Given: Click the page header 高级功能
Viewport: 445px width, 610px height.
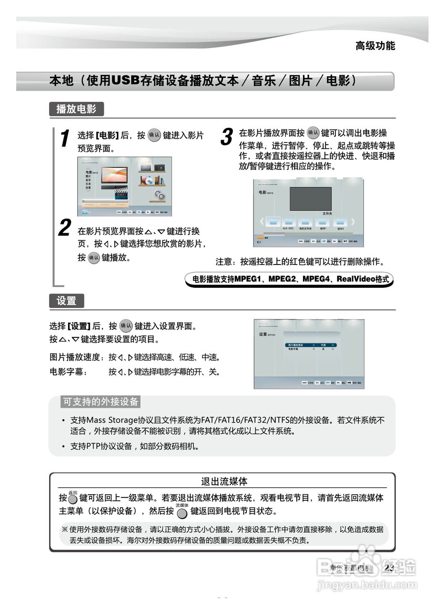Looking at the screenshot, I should pyautogui.click(x=375, y=46).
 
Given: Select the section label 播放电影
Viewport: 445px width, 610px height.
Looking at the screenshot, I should pyautogui.click(x=76, y=109).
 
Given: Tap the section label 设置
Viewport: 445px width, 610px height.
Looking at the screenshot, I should pyautogui.click(x=66, y=301).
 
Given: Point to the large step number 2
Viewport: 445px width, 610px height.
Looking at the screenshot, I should pyautogui.click(x=64, y=228).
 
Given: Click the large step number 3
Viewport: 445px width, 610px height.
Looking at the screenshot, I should pyautogui.click(x=226, y=137).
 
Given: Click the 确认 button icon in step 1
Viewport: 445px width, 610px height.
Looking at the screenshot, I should pyautogui.click(x=154, y=135).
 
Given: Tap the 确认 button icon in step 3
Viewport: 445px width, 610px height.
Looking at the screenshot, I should pyautogui.click(x=313, y=132).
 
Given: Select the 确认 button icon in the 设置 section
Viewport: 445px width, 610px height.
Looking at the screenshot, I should pyautogui.click(x=126, y=326).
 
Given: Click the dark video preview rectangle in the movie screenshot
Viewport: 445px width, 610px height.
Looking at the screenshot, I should pyautogui.click(x=310, y=199).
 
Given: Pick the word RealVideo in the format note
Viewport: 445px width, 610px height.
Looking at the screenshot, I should pyautogui.click(x=355, y=279).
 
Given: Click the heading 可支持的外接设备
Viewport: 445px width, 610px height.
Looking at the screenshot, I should pyautogui.click(x=101, y=402).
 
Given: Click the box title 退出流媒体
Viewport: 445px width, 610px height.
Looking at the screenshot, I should pyautogui.click(x=224, y=481).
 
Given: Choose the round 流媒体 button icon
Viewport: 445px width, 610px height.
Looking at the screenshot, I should pyautogui.click(x=182, y=513).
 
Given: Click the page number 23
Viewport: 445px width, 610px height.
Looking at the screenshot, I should pyautogui.click(x=389, y=568).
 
